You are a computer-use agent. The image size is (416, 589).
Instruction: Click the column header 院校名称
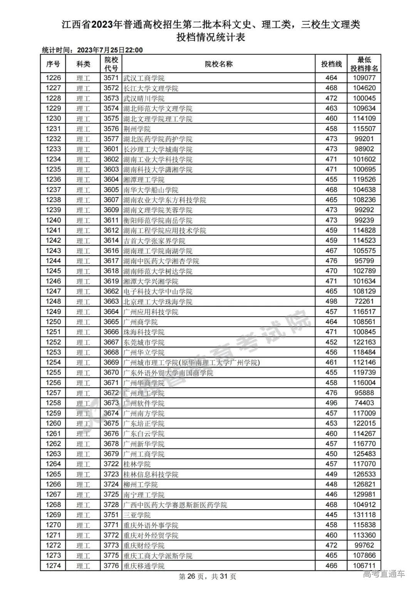click(x=218, y=64)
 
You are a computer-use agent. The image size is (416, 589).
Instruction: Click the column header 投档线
click(x=331, y=64)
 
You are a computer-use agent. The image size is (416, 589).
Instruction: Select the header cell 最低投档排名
click(x=364, y=64)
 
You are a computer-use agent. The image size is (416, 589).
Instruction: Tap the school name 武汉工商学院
click(x=144, y=78)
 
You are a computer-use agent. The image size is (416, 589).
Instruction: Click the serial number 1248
click(x=53, y=302)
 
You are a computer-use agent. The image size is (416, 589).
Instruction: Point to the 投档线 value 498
click(x=331, y=302)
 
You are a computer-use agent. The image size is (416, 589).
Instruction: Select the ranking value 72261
click(x=364, y=302)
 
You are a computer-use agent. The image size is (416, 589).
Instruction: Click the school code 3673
click(x=111, y=403)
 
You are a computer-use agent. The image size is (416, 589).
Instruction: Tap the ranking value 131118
click(x=364, y=515)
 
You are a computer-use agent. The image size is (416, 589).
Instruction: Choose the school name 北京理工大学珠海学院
click(x=158, y=302)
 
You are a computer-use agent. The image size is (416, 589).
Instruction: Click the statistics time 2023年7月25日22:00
click(x=110, y=50)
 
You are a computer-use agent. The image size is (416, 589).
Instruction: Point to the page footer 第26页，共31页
click(x=208, y=577)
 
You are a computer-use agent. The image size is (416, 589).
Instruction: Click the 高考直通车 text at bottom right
click(x=384, y=574)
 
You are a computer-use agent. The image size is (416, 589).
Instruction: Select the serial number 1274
click(x=53, y=566)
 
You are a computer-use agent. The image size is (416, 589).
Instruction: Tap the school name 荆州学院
click(x=137, y=129)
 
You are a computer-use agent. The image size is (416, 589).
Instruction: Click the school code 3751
click(x=111, y=515)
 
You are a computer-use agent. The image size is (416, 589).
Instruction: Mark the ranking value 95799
click(x=364, y=261)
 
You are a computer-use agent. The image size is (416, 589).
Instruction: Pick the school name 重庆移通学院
click(x=144, y=566)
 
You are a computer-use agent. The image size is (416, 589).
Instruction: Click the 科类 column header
click(x=83, y=64)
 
